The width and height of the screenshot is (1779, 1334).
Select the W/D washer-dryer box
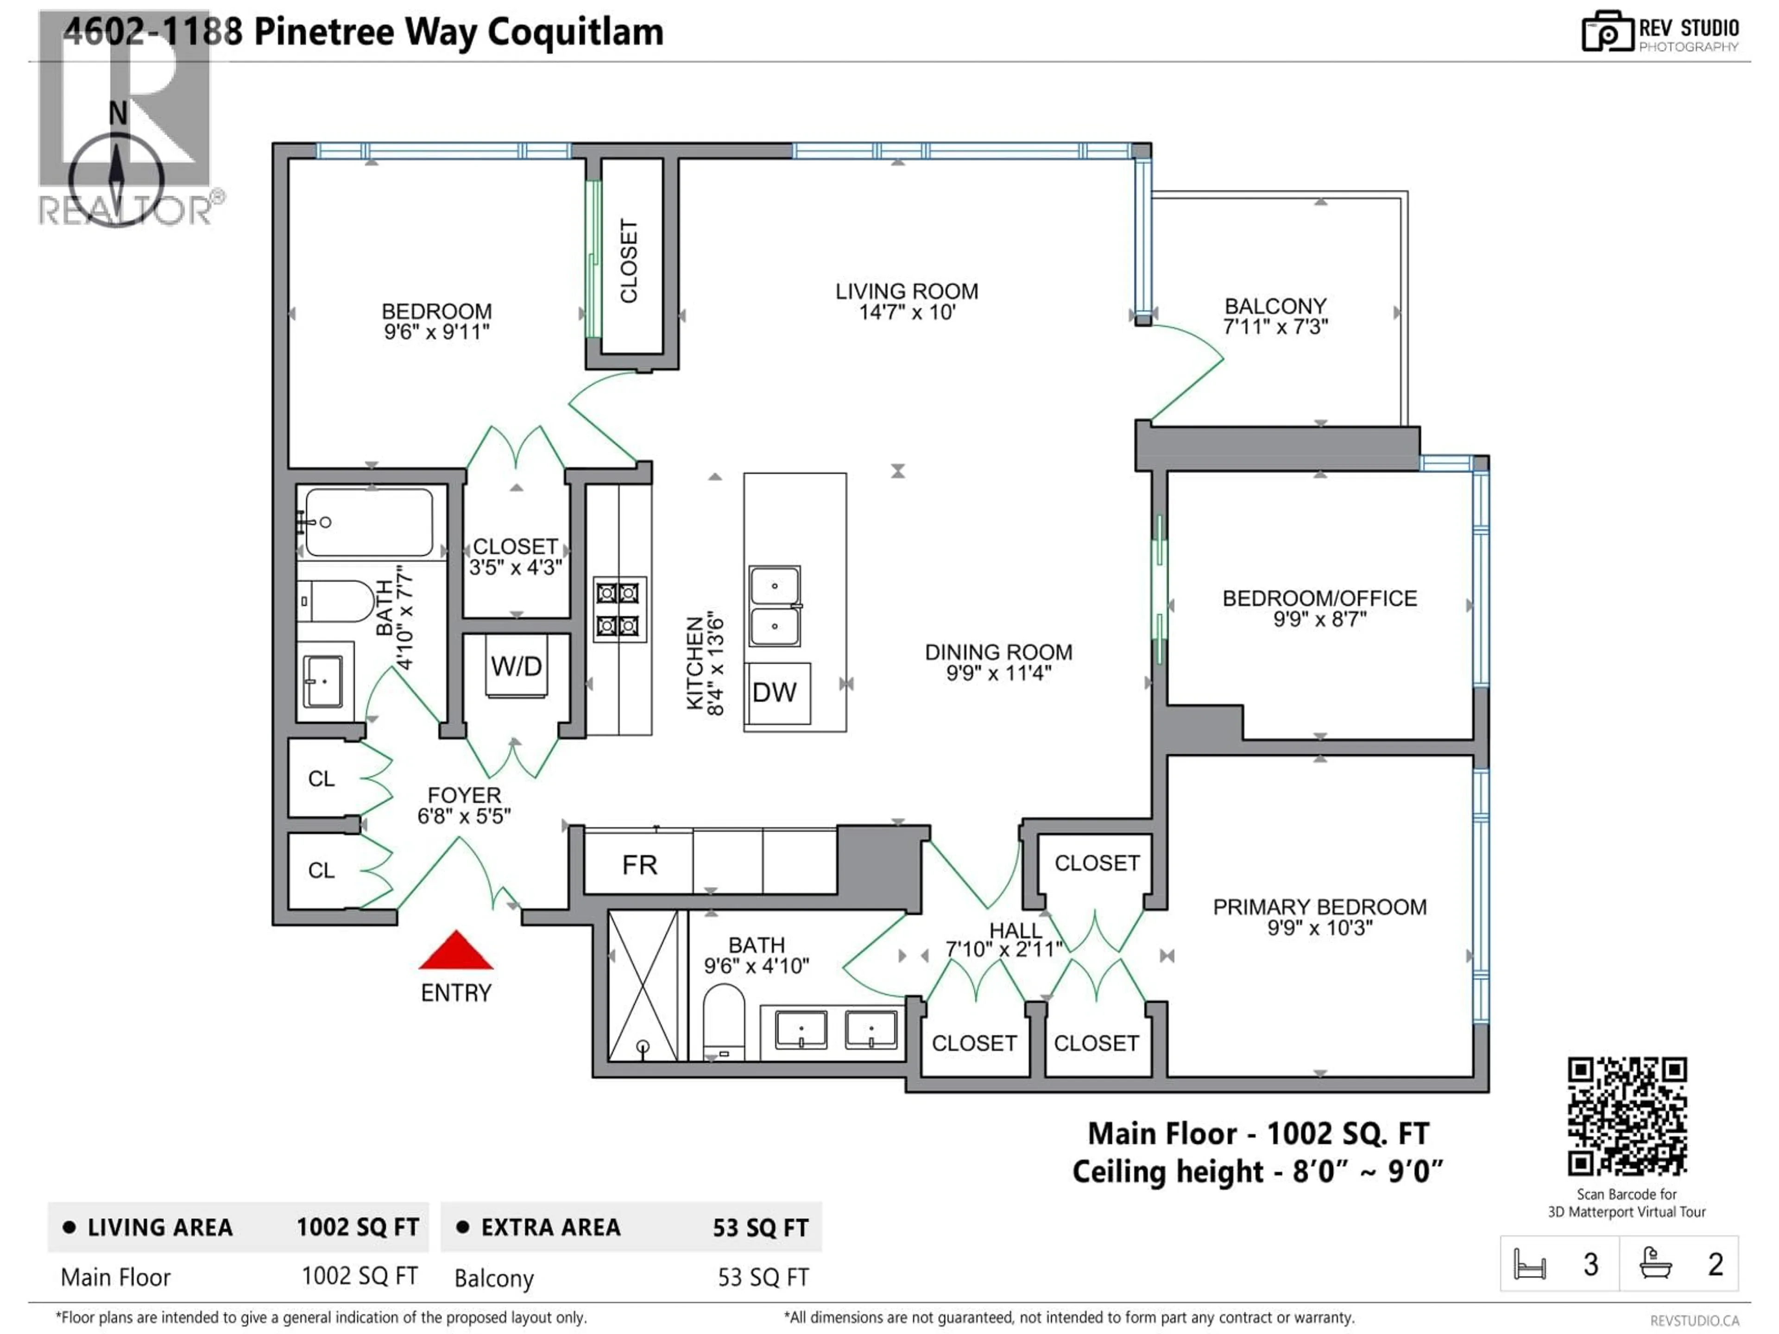pyautogui.click(x=517, y=666)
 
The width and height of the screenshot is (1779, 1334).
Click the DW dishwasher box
pyautogui.click(x=775, y=692)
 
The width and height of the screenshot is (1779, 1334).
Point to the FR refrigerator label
pyautogui.click(x=639, y=865)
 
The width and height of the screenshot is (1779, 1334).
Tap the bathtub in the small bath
pyautogui.click(x=369, y=522)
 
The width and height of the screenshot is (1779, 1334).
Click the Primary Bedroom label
pyautogui.click(x=1319, y=907)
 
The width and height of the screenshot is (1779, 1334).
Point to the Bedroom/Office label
pyautogui.click(x=1319, y=598)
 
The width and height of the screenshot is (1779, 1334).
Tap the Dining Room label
pyautogui.click(x=998, y=652)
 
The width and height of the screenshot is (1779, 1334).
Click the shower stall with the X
pyautogui.click(x=643, y=986)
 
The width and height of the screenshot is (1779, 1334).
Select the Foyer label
pyautogui.click(x=464, y=795)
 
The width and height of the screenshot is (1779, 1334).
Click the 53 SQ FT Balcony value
pyautogui.click(x=763, y=1277)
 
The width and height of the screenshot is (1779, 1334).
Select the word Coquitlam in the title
pyautogui.click(x=575, y=32)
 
